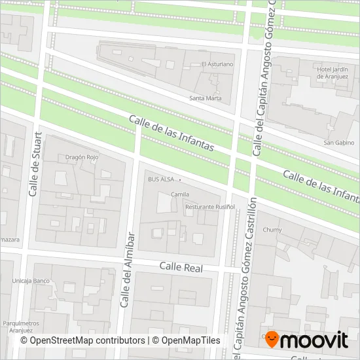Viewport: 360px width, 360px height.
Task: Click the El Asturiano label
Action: tap(217, 64)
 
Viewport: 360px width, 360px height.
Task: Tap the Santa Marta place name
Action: tap(205, 99)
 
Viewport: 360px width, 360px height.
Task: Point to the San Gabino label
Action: tap(339, 143)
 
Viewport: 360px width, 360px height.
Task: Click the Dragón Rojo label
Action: tap(82, 158)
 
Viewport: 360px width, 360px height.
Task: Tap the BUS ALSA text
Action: tap(160, 179)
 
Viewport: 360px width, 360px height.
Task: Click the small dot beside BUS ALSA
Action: tap(179, 179)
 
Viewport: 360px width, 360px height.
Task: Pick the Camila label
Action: tap(179, 194)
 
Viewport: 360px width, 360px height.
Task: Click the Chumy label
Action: tap(272, 230)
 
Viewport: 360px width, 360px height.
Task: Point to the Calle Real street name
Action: tap(181, 268)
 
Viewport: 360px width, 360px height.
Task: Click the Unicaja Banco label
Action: tap(31, 281)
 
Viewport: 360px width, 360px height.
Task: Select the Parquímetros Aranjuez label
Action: tap(21, 326)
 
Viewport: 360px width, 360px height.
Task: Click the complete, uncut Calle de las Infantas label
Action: tap(171, 134)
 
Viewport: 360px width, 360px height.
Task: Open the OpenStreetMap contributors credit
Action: tap(82, 340)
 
